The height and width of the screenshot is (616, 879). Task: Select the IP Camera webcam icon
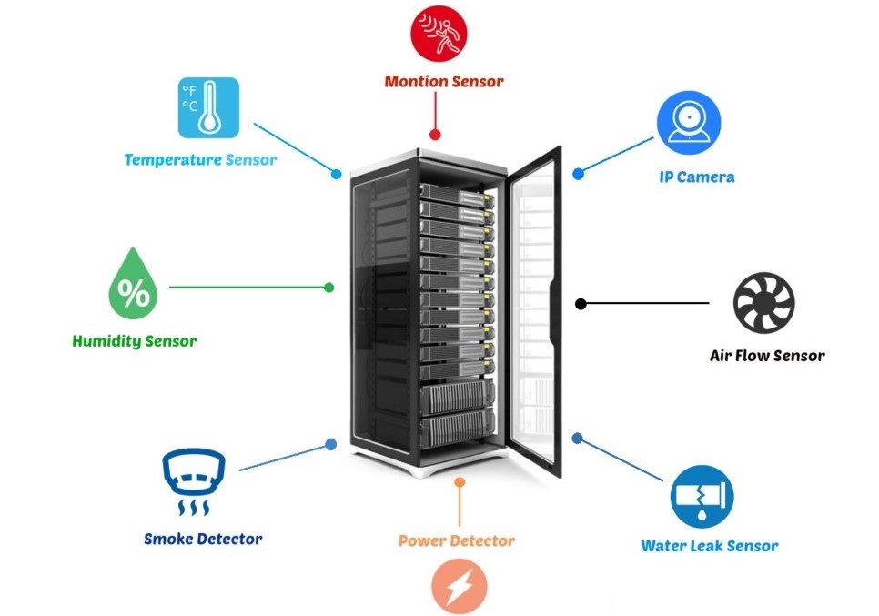pyautogui.click(x=690, y=123)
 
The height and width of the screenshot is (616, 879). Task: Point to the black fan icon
pyautogui.click(x=764, y=304)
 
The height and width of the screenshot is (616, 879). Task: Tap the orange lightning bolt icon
pyautogui.click(x=460, y=585)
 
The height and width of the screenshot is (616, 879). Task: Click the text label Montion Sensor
pyautogui.click(x=444, y=82)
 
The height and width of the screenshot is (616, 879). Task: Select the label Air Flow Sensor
pyautogui.click(x=767, y=356)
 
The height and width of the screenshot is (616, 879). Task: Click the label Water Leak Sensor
pyautogui.click(x=710, y=546)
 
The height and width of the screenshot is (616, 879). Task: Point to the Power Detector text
pyautogui.click(x=457, y=540)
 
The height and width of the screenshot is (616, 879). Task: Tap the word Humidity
pyautogui.click(x=106, y=342)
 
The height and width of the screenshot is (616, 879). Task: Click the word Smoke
pyautogui.click(x=168, y=539)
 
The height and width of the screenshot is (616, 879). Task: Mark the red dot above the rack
pyautogui.click(x=435, y=135)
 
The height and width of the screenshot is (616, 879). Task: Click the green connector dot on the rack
pyautogui.click(x=329, y=288)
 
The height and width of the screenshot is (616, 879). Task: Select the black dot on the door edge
pyautogui.click(x=579, y=303)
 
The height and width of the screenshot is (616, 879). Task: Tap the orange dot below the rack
pyautogui.click(x=460, y=481)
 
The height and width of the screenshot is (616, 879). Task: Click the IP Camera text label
pyautogui.click(x=696, y=177)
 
